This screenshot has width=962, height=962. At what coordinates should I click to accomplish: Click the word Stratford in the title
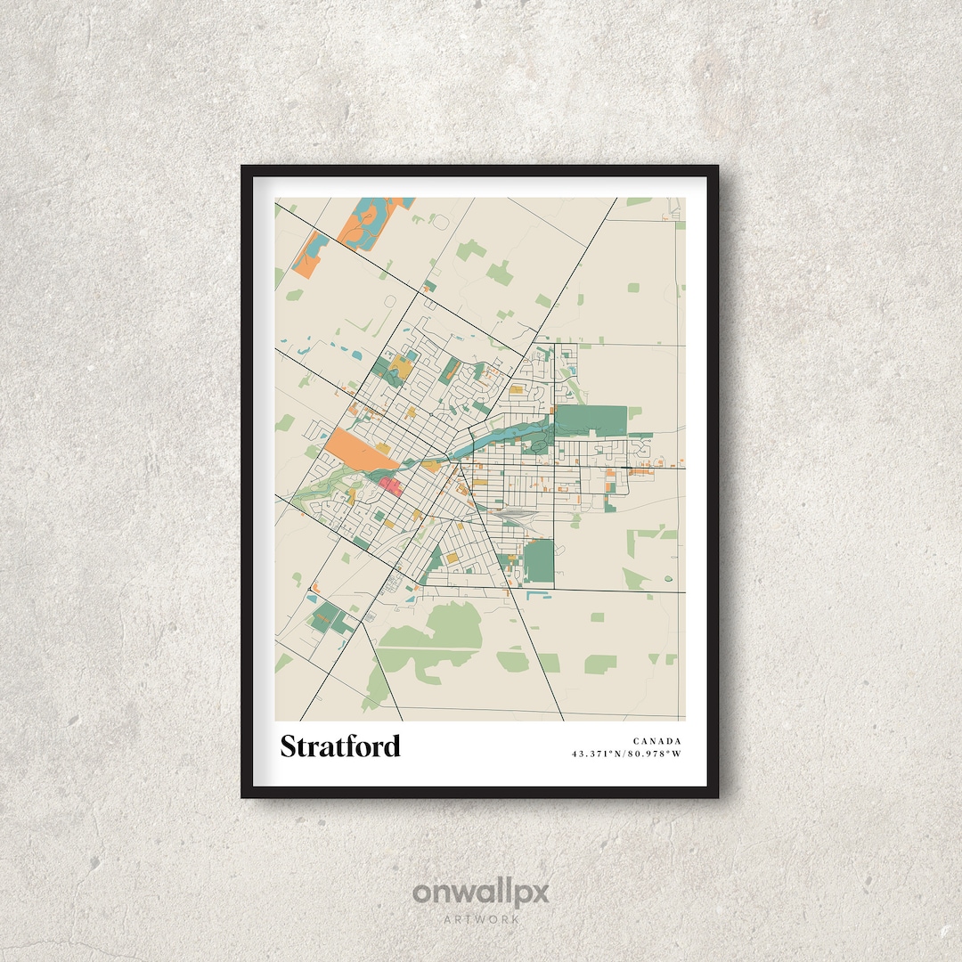pyautogui.click(x=340, y=746)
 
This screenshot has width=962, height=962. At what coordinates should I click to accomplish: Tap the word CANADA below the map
pyautogui.click(x=657, y=741)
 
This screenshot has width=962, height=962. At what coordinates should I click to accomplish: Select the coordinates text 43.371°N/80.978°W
pyautogui.click(x=626, y=754)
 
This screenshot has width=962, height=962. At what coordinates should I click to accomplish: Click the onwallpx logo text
pyautogui.click(x=481, y=893)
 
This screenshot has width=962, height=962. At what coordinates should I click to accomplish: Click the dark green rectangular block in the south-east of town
pyautogui.click(x=538, y=561)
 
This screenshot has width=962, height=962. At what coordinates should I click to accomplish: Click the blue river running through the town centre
pyautogui.click(x=499, y=436)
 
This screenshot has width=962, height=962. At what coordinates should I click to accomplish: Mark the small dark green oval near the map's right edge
pyautogui.click(x=668, y=580)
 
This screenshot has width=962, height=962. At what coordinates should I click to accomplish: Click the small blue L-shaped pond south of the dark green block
pyautogui.click(x=534, y=591)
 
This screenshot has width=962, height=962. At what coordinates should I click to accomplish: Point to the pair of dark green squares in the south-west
pyautogui.click(x=330, y=618)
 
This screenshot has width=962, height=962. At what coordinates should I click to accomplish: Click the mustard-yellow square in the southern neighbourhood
pyautogui.click(x=452, y=558)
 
